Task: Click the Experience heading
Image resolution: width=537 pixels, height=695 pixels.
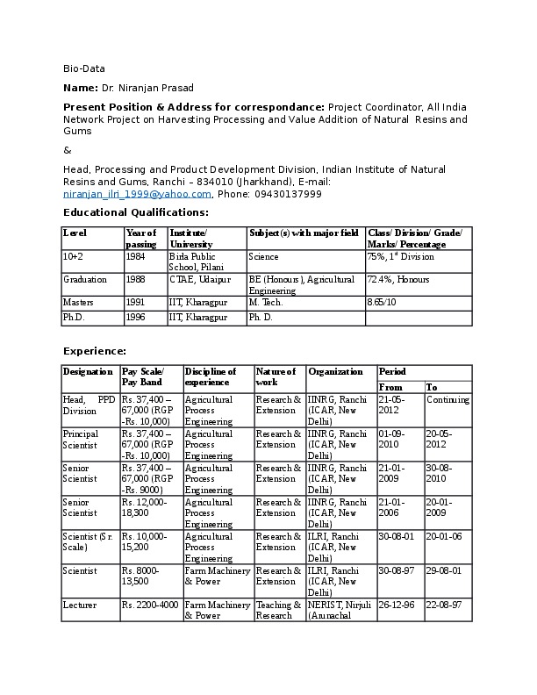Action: pos(95,351)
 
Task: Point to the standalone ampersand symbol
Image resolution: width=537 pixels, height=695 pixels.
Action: pos(68,150)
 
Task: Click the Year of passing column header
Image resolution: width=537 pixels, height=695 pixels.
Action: pos(140,238)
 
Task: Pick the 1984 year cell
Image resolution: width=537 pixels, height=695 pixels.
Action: pos(136,257)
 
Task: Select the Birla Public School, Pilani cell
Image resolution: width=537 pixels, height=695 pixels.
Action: pos(196,262)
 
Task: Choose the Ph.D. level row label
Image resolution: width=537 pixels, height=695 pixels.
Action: pos(75,318)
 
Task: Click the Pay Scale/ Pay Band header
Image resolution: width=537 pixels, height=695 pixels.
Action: pos(142,377)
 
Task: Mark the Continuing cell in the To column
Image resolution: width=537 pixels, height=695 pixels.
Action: pos(447,400)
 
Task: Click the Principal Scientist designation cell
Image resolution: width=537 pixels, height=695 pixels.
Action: pos(81,440)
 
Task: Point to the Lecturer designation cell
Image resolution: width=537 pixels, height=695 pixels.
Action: pos(79,605)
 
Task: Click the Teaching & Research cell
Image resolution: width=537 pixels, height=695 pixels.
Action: pos(274,610)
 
